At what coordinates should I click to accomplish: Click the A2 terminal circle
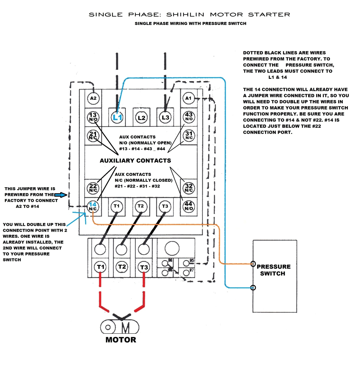(x=93, y=98)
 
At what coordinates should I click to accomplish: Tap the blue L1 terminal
(x=117, y=117)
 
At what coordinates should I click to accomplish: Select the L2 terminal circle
(x=141, y=118)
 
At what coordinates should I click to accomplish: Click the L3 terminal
(x=165, y=117)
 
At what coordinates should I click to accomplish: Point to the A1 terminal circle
(x=188, y=98)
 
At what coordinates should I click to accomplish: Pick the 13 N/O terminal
(x=93, y=117)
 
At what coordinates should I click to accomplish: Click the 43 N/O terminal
(x=189, y=117)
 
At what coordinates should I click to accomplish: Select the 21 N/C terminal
(x=93, y=135)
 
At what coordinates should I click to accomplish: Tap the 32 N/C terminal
(x=189, y=188)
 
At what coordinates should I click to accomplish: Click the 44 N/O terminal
(x=189, y=206)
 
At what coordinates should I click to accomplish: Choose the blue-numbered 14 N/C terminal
(x=93, y=206)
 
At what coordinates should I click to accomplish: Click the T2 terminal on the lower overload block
(x=122, y=267)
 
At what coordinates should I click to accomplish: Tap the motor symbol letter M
(x=126, y=328)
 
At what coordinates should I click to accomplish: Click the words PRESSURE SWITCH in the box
(x=273, y=270)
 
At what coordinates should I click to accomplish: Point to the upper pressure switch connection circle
(x=253, y=264)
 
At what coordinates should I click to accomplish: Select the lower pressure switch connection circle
(x=253, y=288)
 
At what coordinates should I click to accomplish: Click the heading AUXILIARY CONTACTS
(x=135, y=161)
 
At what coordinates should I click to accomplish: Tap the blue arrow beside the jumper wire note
(x=61, y=195)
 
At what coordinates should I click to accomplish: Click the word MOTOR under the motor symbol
(x=121, y=340)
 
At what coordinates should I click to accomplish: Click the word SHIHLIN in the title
(x=185, y=15)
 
